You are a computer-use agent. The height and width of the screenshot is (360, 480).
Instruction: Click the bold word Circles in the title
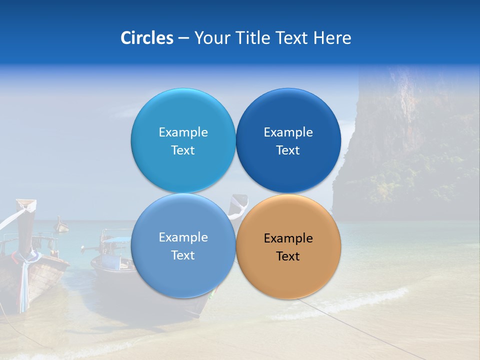pyautogui.click(x=146, y=38)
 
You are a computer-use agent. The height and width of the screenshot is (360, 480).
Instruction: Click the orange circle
pyautogui.click(x=288, y=270)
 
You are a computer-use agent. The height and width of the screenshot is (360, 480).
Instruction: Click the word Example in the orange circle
pyautogui.click(x=288, y=238)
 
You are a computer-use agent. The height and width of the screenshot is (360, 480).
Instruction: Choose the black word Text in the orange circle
pyautogui.click(x=288, y=256)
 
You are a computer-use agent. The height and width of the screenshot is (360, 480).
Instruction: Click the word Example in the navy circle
pyautogui.click(x=288, y=132)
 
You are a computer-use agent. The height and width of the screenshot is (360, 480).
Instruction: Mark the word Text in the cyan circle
pyautogui.click(x=183, y=150)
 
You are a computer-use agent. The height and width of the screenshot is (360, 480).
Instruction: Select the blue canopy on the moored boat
pyautogui.click(x=115, y=240)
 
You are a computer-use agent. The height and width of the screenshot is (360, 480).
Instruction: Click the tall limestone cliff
pyautogui.click(x=410, y=140)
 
